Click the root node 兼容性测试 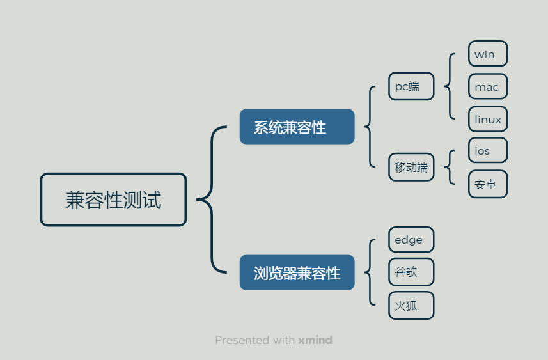113,200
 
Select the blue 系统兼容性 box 297,127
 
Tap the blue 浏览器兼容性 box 297,273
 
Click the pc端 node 411,86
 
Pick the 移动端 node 411,168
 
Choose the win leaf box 488,54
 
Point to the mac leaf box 488,87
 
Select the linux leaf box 488,120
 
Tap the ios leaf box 488,151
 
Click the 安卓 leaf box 488,184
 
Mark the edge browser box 411,240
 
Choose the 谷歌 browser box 411,272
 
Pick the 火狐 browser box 411,306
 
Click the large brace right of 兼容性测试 211,200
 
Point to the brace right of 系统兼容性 370,127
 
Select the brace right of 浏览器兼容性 370,272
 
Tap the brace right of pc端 450,86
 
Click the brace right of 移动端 450,168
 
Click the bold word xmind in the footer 315,340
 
